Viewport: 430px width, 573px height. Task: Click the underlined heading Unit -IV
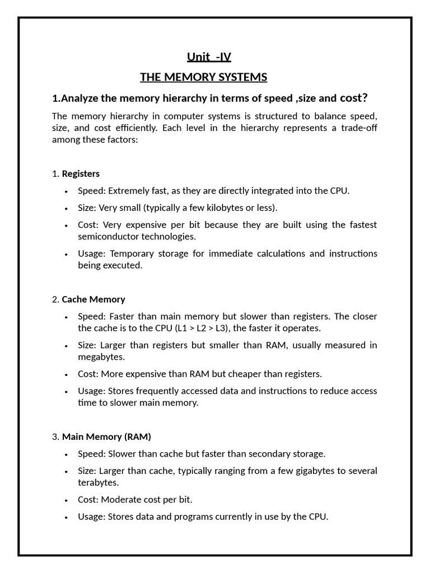coord(208,57)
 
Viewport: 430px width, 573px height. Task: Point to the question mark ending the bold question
coord(364,98)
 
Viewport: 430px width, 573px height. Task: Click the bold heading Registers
coord(81,173)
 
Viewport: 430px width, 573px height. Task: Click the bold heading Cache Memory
coord(94,299)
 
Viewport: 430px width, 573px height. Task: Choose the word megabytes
coord(101,356)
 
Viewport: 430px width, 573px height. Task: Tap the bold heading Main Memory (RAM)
coord(106,436)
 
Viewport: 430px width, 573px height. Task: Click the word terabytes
coord(98,482)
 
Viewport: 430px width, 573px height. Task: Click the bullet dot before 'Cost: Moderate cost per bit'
coord(67,500)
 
